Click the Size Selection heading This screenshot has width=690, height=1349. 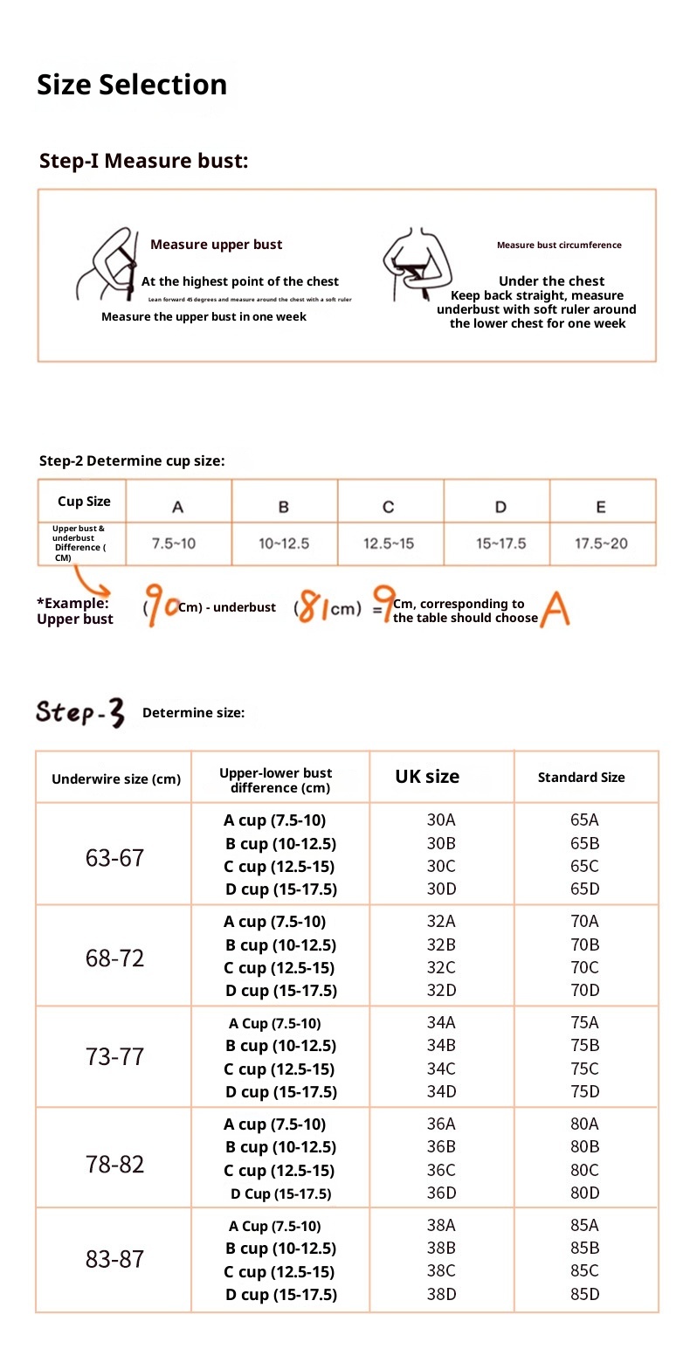[x=132, y=85]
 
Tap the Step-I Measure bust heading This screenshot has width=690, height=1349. [x=144, y=161]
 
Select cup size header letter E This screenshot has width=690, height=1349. [x=601, y=507]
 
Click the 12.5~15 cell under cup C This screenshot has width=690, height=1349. [x=389, y=543]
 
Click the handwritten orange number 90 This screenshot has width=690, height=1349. [x=162, y=606]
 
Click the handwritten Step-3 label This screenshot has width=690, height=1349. [x=80, y=712]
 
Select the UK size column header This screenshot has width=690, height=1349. [x=427, y=777]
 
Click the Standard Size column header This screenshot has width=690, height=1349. [x=581, y=778]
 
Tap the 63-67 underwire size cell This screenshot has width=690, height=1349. [x=114, y=858]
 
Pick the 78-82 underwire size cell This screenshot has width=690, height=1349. [x=114, y=1164]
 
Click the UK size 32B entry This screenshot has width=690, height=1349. [x=441, y=944]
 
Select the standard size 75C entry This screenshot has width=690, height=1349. [x=584, y=1069]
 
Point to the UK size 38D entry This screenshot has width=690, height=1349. [x=441, y=1294]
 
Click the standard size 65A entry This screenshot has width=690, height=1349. [x=584, y=820]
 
